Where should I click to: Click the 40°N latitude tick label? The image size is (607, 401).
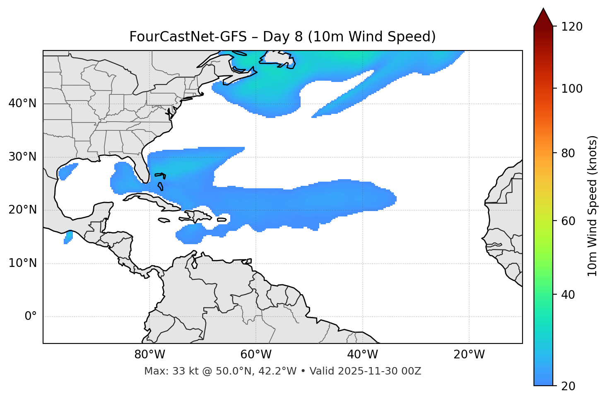pyautogui.click(x=22, y=103)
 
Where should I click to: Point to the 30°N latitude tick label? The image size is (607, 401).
pyautogui.click(x=22, y=157)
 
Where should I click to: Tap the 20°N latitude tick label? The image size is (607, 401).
pyautogui.click(x=22, y=210)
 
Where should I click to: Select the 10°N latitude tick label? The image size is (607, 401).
pyautogui.click(x=22, y=263)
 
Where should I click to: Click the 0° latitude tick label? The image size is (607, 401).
pyautogui.click(x=31, y=317)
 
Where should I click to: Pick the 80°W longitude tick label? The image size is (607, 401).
pyautogui.click(x=149, y=355)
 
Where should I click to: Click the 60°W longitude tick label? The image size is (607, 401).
pyautogui.click(x=256, y=355)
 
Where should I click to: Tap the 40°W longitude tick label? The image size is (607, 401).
pyautogui.click(x=362, y=355)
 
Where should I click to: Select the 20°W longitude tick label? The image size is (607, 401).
pyautogui.click(x=469, y=355)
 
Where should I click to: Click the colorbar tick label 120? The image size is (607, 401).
pyautogui.click(x=571, y=27)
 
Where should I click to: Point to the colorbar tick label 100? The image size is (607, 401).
pyautogui.click(x=571, y=89)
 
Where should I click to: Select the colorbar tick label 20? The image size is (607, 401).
pyautogui.click(x=568, y=386)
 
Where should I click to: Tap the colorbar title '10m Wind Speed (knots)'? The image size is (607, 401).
pyautogui.click(x=593, y=206)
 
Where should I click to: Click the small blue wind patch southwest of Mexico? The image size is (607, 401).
pyautogui.click(x=68, y=238)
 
